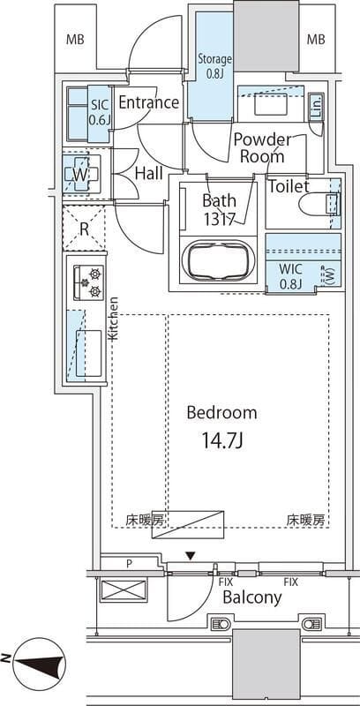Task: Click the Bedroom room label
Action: point(221,412)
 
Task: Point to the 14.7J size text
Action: point(221,438)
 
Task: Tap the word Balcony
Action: point(251,597)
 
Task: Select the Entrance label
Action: point(148,103)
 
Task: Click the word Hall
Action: point(148,174)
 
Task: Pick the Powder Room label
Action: point(262,147)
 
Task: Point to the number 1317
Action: point(219,220)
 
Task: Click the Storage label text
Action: point(214,66)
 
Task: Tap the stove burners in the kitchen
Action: point(91,283)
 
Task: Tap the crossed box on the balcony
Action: point(117,590)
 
